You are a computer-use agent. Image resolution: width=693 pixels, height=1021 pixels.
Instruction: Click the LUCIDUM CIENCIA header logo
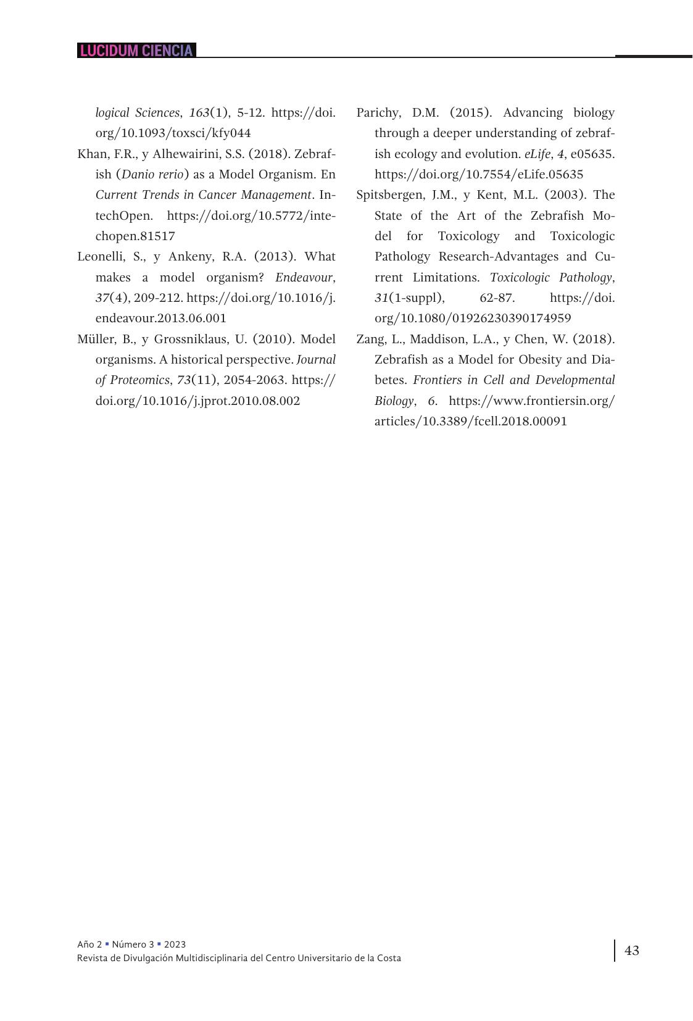click(136, 51)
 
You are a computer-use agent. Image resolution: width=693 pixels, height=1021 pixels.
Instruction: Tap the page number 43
click(632, 950)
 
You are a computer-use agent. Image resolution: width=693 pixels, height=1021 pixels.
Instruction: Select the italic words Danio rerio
click(152, 174)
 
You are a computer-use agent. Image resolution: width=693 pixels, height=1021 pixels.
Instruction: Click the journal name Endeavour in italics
click(304, 277)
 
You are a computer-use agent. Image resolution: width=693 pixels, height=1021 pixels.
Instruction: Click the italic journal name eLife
click(537, 154)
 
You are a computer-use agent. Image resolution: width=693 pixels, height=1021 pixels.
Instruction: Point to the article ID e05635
click(591, 154)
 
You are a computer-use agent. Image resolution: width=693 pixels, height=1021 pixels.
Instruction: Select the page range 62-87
click(496, 298)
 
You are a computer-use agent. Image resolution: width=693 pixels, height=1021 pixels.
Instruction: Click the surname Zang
click(370, 339)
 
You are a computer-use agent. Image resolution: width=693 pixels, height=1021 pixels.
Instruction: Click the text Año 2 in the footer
click(89, 944)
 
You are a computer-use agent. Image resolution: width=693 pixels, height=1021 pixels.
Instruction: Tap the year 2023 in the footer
click(175, 944)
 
